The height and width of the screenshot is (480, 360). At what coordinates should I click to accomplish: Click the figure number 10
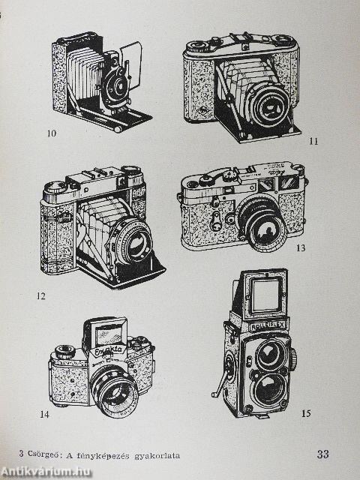click(x=52, y=133)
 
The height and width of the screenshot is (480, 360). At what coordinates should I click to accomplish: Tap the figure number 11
click(x=313, y=141)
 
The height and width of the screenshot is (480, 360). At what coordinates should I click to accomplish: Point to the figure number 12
click(x=40, y=296)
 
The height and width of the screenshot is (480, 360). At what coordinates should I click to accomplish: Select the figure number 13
click(x=301, y=247)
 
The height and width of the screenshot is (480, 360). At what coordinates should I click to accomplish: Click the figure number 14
click(x=44, y=415)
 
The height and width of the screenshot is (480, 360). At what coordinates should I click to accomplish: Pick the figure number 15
click(x=306, y=413)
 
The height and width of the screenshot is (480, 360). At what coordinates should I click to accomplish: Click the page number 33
click(x=323, y=454)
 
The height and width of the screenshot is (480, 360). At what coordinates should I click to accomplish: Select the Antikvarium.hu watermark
click(x=45, y=472)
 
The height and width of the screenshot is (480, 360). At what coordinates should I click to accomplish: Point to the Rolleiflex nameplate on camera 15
click(x=268, y=326)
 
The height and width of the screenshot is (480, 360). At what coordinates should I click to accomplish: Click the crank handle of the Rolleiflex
click(x=220, y=383)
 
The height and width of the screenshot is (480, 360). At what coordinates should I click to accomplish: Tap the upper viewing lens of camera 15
click(x=270, y=355)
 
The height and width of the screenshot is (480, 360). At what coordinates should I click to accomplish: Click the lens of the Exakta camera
click(x=115, y=393)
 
